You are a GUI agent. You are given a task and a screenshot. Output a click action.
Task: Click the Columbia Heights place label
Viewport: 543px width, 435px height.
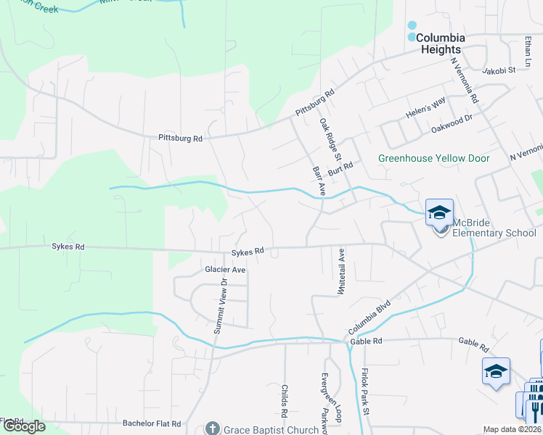click(x=440, y=43)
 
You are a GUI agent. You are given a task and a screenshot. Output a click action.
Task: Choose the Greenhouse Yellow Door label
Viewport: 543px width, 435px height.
click(x=434, y=158)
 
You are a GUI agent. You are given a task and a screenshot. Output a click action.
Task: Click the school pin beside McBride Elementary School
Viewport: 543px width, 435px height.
click(x=439, y=213)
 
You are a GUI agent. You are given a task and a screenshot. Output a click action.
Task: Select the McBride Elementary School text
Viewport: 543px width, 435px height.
click(x=494, y=228)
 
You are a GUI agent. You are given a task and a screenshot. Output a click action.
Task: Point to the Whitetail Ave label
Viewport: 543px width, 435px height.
click(x=340, y=270)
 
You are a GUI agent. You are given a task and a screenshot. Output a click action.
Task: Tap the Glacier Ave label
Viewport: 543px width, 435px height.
click(x=225, y=269)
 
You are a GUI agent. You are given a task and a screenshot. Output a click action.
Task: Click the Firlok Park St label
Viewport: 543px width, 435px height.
click(x=365, y=391)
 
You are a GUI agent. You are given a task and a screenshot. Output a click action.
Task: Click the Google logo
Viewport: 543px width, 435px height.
click(x=24, y=426)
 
